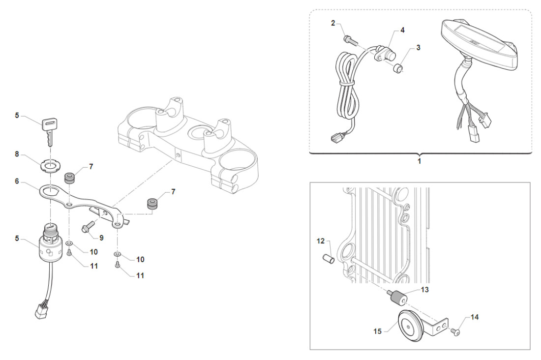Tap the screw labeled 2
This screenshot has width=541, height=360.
(347, 36)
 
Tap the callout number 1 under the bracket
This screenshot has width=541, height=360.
(420, 160)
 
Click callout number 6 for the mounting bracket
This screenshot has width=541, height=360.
(17, 181)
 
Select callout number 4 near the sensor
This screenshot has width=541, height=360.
(402, 30)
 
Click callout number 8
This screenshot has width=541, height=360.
(17, 154)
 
